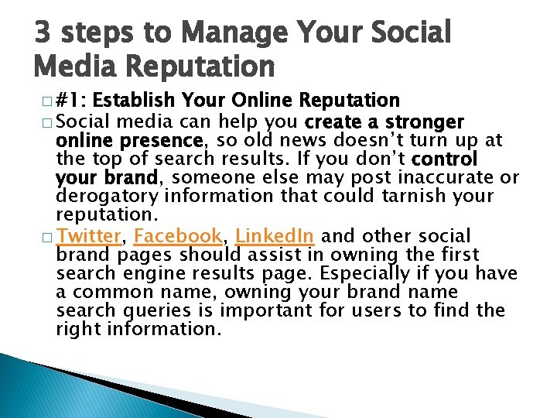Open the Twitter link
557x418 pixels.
click(x=89, y=236)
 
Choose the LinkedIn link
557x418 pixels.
click(x=274, y=236)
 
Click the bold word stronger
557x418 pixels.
click(x=424, y=122)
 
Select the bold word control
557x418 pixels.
click(x=446, y=159)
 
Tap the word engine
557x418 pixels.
click(x=149, y=273)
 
